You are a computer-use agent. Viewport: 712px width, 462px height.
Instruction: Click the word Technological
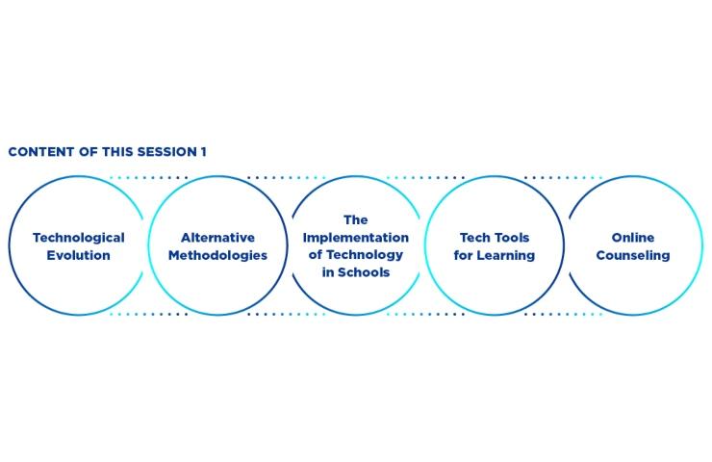[x=79, y=238]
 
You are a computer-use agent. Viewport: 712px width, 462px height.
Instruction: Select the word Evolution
[x=79, y=255]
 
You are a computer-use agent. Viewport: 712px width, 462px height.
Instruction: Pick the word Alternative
[x=218, y=238]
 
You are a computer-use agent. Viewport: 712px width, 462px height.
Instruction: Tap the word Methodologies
[x=218, y=256]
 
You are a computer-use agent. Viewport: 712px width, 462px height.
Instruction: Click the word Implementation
[x=356, y=238]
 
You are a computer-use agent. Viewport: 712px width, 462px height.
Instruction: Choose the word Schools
[x=364, y=272]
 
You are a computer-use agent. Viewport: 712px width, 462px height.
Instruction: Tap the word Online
[x=633, y=238]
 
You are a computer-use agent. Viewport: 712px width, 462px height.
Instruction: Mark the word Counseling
[x=633, y=256]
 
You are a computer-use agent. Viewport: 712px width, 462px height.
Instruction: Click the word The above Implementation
[x=356, y=219]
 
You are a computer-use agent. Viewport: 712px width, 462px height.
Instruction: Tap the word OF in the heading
[x=89, y=152]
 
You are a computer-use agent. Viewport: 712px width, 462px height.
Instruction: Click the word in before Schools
[x=328, y=272]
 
